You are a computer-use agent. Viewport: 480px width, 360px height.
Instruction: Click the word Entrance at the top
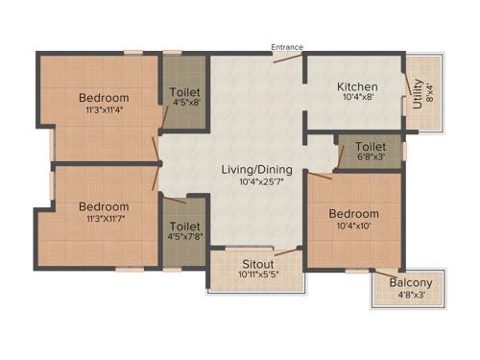(287, 46)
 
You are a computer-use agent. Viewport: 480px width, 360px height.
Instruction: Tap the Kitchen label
(348, 84)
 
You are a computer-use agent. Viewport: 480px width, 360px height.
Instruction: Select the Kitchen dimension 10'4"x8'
(348, 96)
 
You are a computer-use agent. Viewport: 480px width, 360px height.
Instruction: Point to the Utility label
(417, 92)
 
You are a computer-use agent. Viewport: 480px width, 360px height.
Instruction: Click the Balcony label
(411, 283)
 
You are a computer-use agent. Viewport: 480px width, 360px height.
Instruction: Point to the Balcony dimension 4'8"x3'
(411, 296)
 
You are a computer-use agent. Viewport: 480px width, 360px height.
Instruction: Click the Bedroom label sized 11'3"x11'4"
(104, 98)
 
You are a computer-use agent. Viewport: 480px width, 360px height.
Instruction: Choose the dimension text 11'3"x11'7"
(104, 219)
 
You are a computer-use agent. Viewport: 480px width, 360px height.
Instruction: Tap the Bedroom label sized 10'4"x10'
(353, 213)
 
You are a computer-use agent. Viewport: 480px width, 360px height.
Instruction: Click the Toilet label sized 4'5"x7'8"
(185, 228)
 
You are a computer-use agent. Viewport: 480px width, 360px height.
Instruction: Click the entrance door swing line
(285, 58)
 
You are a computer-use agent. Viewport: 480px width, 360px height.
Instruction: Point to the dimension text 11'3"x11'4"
(104, 110)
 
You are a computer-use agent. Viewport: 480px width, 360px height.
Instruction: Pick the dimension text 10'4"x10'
(353, 227)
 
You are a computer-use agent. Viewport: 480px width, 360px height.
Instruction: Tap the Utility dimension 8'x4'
(429, 92)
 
